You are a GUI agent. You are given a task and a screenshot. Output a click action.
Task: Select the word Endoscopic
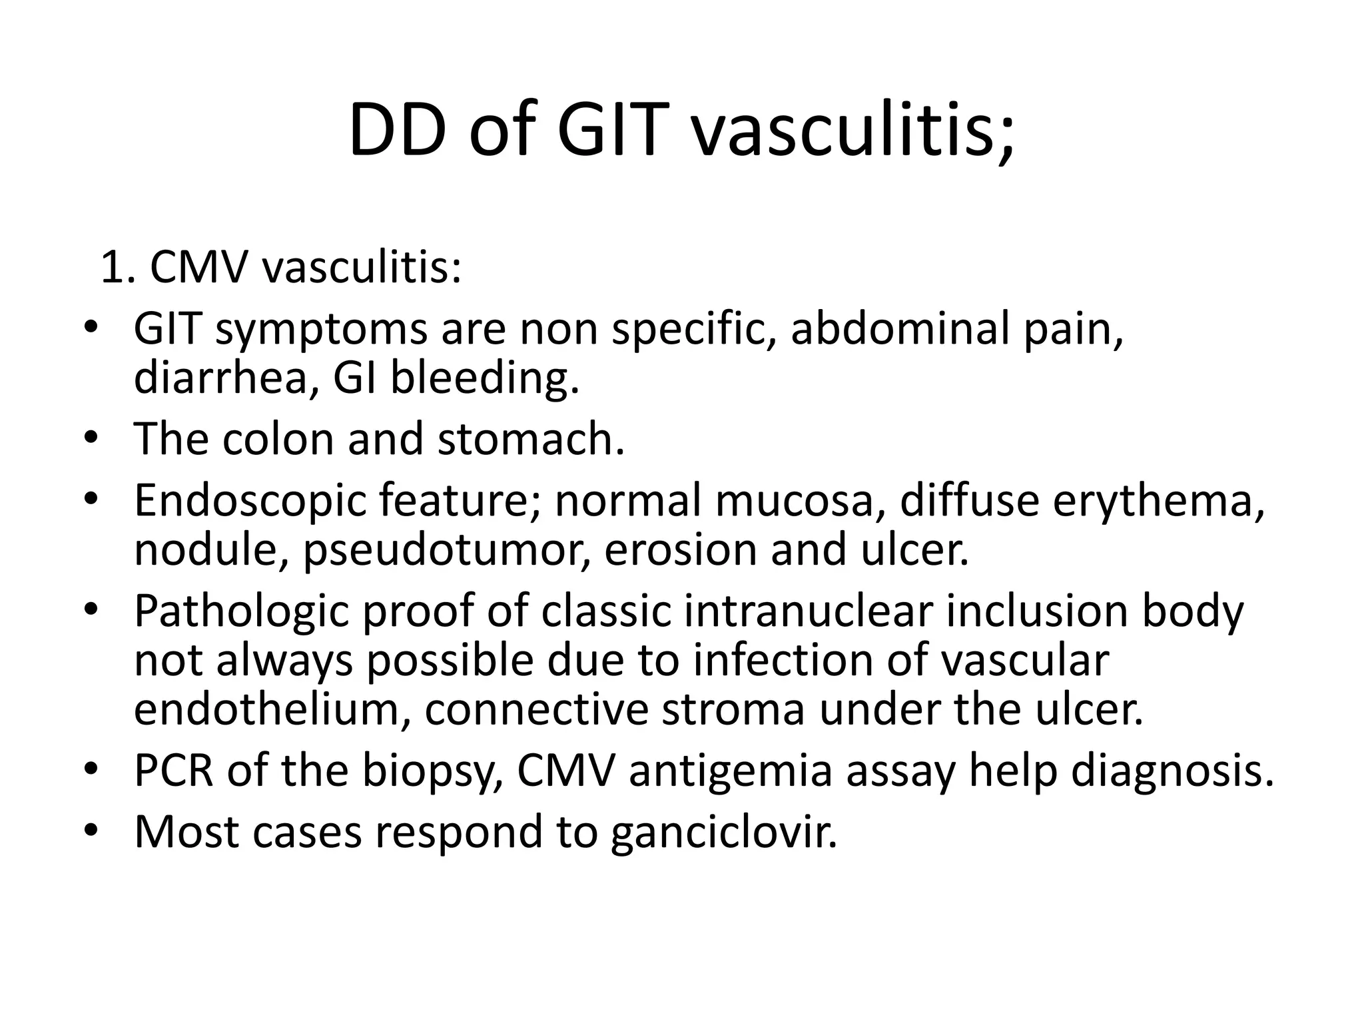tap(250, 501)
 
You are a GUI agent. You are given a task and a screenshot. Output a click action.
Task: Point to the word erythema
tap(1158, 501)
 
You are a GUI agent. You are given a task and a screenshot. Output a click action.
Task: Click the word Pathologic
tap(241, 611)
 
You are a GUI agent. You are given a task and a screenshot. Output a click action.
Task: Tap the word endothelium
tap(271, 710)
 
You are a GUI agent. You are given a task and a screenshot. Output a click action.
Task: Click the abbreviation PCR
tap(173, 771)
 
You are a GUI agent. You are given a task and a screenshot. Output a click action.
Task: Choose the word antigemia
tap(731, 771)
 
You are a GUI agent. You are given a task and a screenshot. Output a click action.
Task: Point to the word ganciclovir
tap(723, 832)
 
